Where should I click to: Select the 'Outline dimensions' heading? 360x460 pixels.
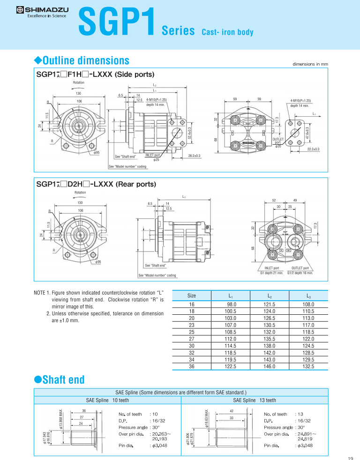click(x=82, y=60)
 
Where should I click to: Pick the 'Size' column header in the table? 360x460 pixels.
click(x=192, y=296)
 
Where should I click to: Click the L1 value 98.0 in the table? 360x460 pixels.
click(x=230, y=304)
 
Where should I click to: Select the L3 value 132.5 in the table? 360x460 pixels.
click(x=307, y=366)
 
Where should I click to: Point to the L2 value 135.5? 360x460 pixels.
click(x=268, y=339)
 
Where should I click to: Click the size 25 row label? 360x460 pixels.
click(x=192, y=332)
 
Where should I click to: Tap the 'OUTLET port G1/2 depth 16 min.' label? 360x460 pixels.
click(x=300, y=270)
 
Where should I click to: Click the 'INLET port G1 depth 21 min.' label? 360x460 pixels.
click(x=272, y=270)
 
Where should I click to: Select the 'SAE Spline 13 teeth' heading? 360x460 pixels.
click(x=254, y=401)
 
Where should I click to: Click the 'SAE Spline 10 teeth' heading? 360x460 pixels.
click(x=107, y=401)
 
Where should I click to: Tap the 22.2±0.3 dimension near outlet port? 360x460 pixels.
click(x=313, y=149)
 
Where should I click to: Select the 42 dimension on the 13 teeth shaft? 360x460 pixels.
click(x=231, y=411)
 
